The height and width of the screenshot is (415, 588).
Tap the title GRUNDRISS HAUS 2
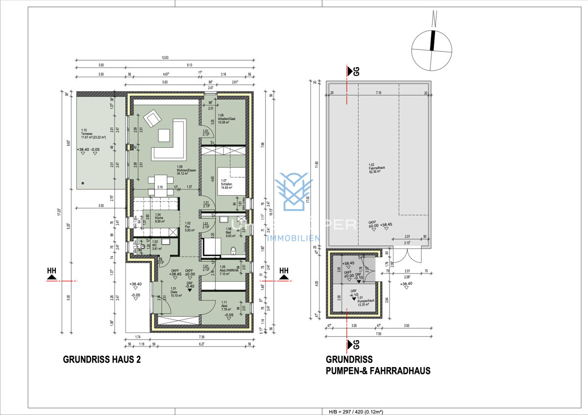point(102,359)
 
